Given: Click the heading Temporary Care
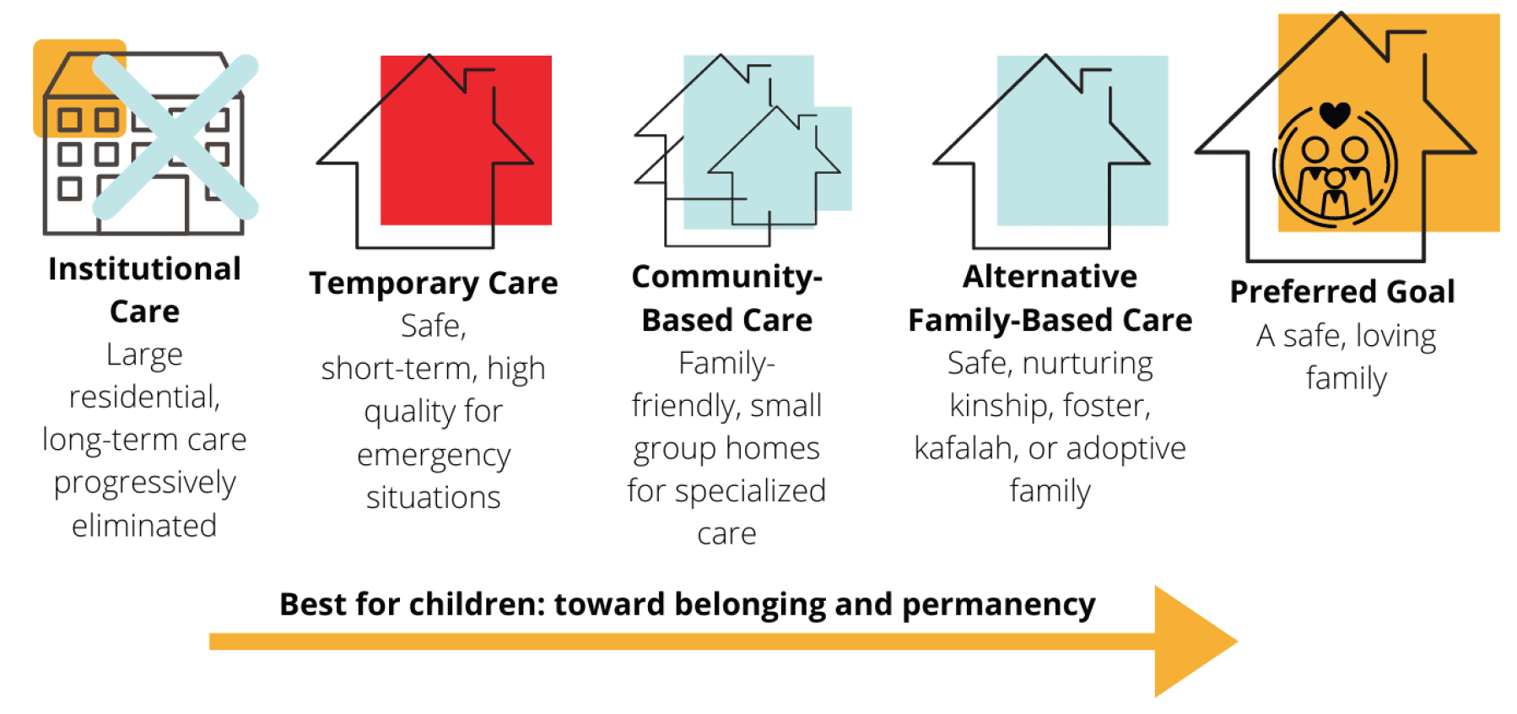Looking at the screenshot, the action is pos(433,284).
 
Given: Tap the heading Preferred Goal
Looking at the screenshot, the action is pos(1342,292).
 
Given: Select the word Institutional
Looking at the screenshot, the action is pos(144,269).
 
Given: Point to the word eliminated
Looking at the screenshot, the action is pos(144,526).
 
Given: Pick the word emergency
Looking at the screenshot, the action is pos(434,456).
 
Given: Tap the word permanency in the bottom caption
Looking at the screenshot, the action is pos(998,605).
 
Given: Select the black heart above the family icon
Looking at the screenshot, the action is pos(1335,114).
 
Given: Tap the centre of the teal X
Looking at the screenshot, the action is pos(175,136).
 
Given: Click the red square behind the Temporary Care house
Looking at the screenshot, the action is pos(466,140).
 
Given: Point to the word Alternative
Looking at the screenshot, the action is pos(1050,277).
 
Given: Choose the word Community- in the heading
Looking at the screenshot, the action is pos(726,277).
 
